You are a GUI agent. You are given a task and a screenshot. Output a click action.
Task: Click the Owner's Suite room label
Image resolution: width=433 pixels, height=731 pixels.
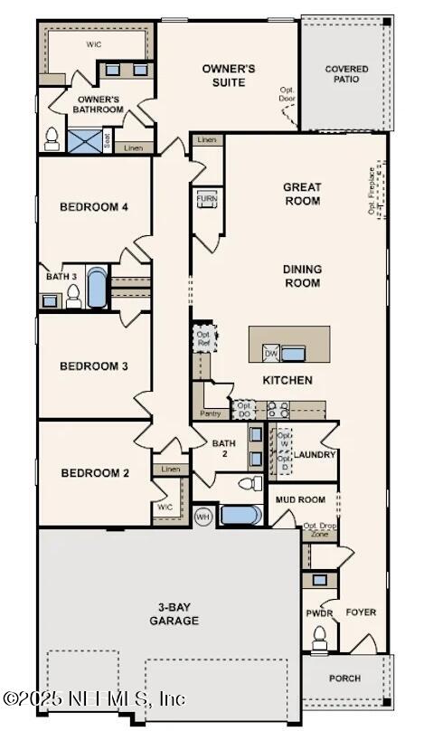pos(229,74)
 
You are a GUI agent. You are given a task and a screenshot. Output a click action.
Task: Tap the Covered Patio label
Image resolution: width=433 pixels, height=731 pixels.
pos(346,73)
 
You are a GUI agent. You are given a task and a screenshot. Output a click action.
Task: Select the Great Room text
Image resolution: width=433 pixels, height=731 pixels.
pos(302,194)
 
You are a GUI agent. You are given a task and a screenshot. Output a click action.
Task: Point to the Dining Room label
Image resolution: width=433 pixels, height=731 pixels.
pos(302,276)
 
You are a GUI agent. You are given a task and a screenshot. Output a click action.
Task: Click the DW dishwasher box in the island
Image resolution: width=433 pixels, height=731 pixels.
pos(271,353)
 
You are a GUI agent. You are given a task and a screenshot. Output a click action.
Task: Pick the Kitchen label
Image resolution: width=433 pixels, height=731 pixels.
pos(287,380)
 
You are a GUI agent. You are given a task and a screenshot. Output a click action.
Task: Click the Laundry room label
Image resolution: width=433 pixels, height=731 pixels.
pos(315,455)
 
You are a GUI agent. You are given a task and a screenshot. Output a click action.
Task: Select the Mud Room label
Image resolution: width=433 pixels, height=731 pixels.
pos(300,499)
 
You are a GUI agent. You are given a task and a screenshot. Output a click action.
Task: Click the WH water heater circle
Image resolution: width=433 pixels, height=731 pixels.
pos(203,517)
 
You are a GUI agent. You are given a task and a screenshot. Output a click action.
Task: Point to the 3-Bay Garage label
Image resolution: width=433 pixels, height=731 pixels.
pos(174,613)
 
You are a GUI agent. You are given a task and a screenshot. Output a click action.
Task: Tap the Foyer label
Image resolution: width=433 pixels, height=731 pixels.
pos(361,612)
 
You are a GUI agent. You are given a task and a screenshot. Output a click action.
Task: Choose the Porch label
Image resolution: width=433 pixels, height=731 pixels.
pos(344,678)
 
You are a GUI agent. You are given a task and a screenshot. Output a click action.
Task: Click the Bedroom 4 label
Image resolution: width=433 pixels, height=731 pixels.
pos(94,207)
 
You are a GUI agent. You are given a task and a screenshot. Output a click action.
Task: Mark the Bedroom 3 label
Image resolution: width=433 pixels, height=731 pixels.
pos(94,366)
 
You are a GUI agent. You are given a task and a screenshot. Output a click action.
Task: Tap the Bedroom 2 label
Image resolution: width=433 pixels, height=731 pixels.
pos(95,473)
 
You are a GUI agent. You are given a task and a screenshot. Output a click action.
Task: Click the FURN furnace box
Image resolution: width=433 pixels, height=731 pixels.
pos(203,198)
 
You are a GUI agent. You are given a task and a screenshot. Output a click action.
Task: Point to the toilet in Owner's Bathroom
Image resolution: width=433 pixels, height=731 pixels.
pos(52,139)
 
